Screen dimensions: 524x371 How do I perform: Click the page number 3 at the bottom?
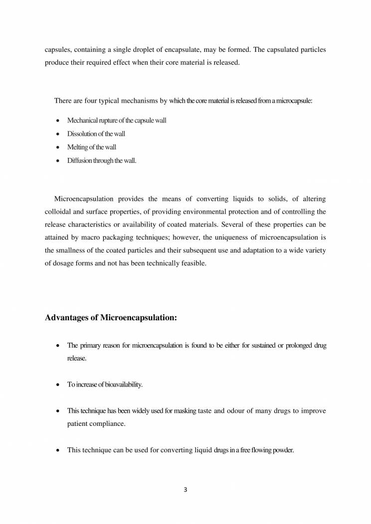[x=185, y=490]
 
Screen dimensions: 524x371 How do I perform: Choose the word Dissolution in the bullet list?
[x=81, y=134]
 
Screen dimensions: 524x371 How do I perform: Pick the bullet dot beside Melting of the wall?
[x=58, y=147]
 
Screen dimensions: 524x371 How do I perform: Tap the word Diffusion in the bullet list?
[x=80, y=160]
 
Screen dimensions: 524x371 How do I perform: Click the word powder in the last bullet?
[x=283, y=450]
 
